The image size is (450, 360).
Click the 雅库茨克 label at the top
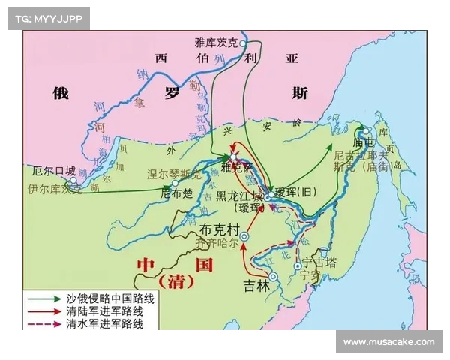pos(216,44)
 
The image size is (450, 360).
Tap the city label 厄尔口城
pos(49,170)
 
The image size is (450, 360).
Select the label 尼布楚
pos(176,193)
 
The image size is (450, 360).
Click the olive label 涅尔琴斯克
pos(175,175)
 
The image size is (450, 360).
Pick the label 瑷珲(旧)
pos(297,193)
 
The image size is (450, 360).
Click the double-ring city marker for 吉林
pos(273,277)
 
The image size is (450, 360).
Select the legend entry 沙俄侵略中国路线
pos(109,298)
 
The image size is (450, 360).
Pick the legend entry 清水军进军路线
pos(109,324)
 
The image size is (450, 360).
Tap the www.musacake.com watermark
pos(388,342)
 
